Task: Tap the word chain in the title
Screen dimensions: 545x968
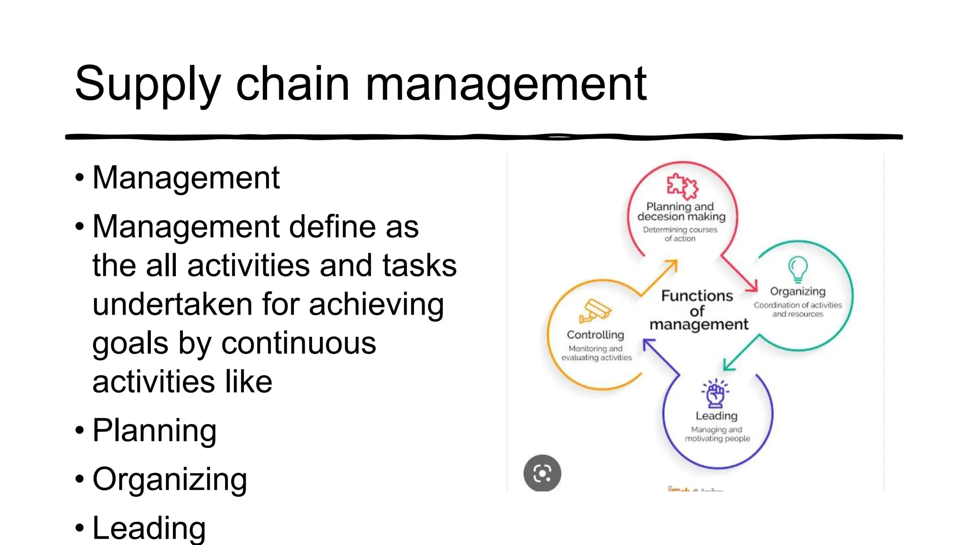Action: [293, 84]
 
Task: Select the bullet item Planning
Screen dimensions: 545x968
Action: [155, 431]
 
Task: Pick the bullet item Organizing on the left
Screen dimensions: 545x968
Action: [170, 479]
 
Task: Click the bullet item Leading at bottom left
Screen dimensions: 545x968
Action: [149, 528]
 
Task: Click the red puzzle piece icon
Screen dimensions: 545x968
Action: [682, 186]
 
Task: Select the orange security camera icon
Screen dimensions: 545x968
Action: [595, 310]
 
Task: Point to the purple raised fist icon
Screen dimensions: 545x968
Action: [716, 393]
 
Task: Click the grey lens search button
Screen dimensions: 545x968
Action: [542, 473]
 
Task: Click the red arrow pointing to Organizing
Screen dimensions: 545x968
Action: [740, 274]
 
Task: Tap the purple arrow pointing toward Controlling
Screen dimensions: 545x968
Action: [661, 357]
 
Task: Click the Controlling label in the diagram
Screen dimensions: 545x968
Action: [596, 335]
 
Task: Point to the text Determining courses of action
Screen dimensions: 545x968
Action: [680, 234]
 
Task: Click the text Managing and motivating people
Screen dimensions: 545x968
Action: [717, 434]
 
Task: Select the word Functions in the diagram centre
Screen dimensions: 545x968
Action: [697, 296]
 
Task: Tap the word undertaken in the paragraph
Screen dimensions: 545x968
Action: [173, 304]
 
